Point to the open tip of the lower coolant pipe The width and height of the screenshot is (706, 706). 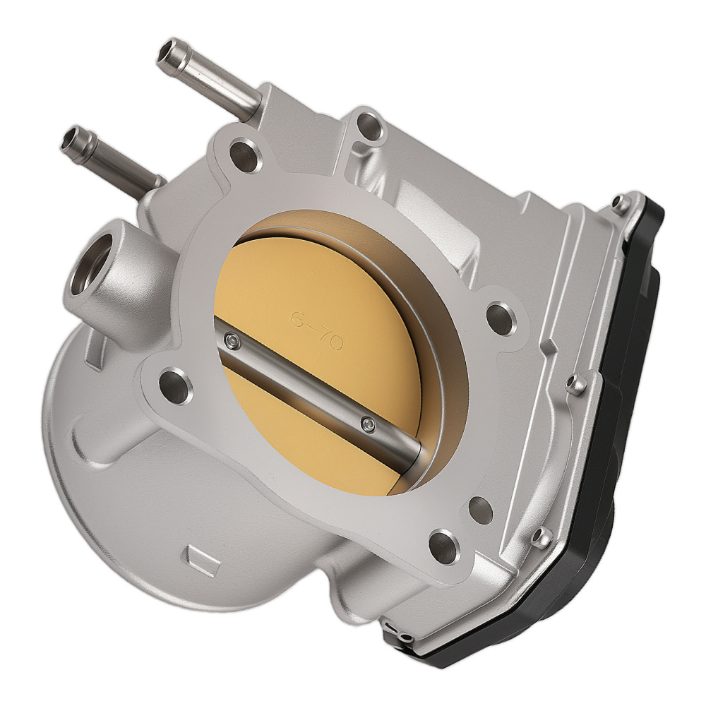(x=73, y=139)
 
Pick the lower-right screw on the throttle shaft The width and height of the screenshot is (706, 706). (x=365, y=424)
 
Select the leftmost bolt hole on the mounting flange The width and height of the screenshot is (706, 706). (x=172, y=385)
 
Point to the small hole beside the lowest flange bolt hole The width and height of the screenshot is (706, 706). (x=479, y=506)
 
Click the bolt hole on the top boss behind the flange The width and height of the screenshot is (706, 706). (x=366, y=128)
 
